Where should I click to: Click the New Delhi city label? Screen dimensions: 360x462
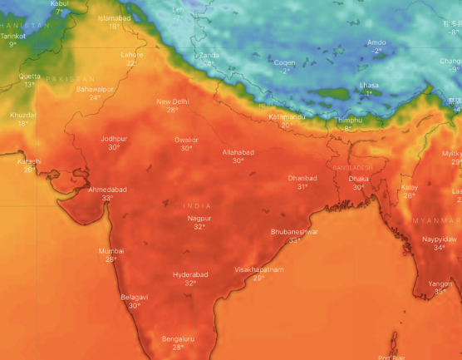coord(173,101)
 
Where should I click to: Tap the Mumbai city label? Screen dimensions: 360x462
coord(111,251)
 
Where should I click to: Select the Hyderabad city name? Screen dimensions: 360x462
coord(190,274)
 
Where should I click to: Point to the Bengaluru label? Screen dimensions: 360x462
coord(178,339)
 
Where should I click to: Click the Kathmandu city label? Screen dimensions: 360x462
coord(288,117)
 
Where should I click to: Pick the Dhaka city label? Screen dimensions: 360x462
coord(359,179)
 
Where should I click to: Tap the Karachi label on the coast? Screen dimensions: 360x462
coord(29,161)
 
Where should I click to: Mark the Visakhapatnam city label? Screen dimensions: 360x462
coord(259,270)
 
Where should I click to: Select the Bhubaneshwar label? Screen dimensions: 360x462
coord(294,232)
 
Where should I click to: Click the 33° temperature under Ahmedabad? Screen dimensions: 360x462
coord(107,199)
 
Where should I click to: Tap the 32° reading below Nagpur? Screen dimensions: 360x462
coord(199,227)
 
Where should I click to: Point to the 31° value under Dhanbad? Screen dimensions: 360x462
coord(302,187)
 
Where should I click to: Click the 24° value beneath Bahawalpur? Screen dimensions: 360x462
coord(95,97)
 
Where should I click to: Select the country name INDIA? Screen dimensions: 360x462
coord(198,205)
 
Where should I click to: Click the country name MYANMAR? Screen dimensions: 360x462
coord(435,220)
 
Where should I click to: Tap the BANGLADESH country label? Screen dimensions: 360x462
coord(352,168)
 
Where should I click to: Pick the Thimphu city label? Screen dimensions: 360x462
coord(348,121)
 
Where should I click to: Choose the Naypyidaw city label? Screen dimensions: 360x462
coord(440,239)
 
